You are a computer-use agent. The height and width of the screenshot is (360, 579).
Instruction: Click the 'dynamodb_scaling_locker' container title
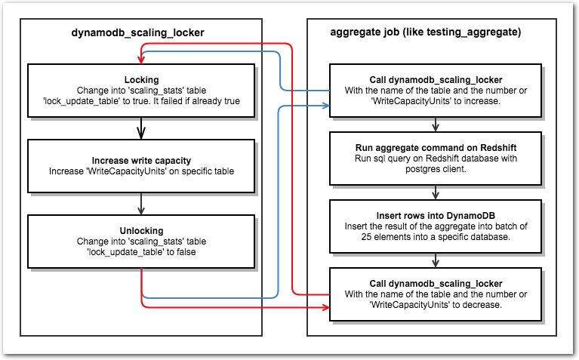tap(137, 33)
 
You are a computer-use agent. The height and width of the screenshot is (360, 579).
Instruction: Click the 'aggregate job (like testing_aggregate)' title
tap(426, 32)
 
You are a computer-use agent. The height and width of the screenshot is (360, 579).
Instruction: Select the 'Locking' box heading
tap(141, 80)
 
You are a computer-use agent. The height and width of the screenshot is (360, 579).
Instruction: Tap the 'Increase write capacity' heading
tap(141, 161)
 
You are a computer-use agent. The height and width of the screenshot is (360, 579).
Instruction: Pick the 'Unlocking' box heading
tap(141, 231)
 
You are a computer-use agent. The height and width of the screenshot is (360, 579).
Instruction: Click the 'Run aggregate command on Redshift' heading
tap(436, 148)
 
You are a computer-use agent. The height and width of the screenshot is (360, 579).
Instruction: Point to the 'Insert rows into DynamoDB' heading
tap(436, 216)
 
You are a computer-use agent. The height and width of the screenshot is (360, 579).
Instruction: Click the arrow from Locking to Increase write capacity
tap(141, 128)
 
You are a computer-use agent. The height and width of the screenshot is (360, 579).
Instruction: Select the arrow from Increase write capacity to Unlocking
tap(141, 204)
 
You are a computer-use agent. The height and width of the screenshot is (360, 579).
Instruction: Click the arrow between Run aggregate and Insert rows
tap(436, 192)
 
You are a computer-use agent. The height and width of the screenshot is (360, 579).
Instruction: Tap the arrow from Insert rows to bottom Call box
tap(436, 260)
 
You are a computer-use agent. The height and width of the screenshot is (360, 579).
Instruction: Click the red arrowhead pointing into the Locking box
tap(140, 60)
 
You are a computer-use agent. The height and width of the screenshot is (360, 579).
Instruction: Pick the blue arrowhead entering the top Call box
tap(325, 106)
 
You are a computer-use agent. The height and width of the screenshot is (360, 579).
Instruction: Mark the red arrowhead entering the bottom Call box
tap(325, 307)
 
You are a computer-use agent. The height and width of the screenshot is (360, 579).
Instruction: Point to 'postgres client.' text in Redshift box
tap(436, 169)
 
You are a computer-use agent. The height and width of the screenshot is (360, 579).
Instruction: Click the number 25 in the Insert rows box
tap(366, 237)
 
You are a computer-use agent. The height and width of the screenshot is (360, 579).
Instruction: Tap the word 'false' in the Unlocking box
tap(186, 252)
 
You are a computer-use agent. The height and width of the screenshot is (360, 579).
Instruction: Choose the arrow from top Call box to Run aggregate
tap(436, 125)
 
